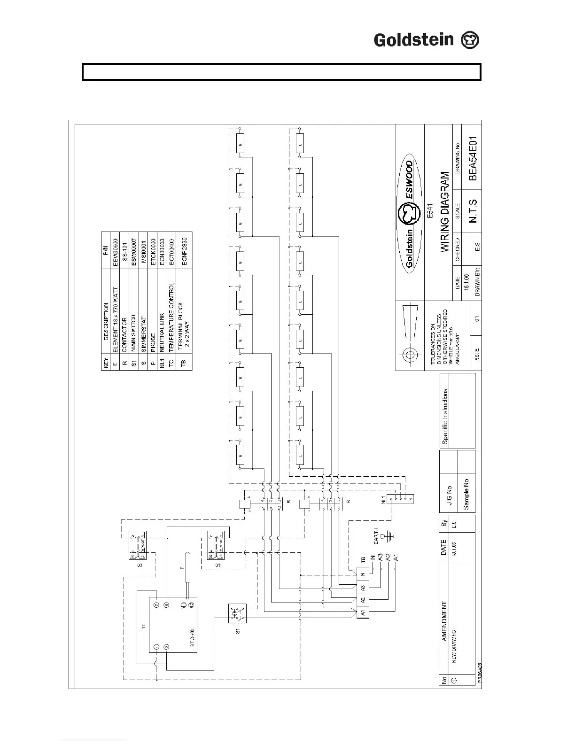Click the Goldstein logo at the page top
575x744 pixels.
pyautogui.click(x=426, y=40)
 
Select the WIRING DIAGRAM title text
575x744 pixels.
pyautogui.click(x=445, y=212)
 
